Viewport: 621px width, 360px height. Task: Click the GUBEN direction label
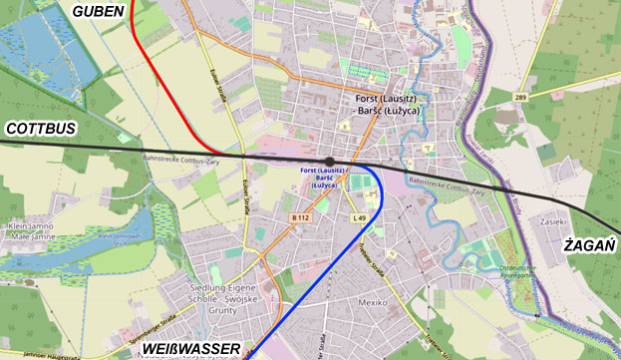[98, 11]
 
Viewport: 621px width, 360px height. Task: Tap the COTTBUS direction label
[41, 130]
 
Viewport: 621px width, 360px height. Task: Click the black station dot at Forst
[330, 161]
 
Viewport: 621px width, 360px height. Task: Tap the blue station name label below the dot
[330, 179]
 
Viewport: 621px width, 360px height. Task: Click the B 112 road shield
[301, 217]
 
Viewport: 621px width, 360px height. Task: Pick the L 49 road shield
[360, 217]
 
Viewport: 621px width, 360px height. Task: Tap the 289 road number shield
[520, 97]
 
